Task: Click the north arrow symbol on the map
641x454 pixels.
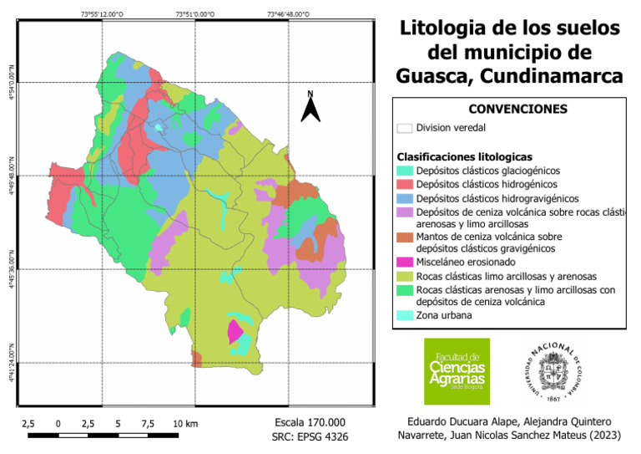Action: (310, 107)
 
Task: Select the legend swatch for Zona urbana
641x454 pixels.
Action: (404, 316)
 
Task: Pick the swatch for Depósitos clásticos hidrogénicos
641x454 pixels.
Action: (404, 184)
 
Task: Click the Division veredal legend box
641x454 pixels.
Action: (404, 128)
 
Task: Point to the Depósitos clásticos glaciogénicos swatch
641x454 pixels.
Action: (404, 171)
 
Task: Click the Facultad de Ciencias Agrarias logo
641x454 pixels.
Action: (457, 371)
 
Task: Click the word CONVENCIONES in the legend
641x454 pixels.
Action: (517, 109)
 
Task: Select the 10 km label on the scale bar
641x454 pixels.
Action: (185, 424)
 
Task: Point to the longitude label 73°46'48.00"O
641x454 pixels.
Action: (288, 14)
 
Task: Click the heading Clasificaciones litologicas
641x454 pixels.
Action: (464, 156)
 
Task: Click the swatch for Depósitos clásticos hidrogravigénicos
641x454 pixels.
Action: (404, 198)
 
